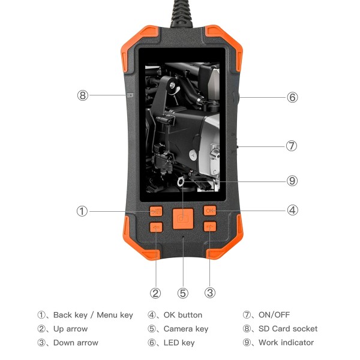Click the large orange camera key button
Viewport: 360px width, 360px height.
(x=182, y=218)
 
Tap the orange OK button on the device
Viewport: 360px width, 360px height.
(x=209, y=211)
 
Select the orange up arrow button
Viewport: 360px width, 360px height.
(x=157, y=227)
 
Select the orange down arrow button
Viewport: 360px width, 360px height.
(x=209, y=227)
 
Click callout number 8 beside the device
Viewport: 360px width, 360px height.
(x=83, y=95)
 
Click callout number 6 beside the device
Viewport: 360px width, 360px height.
(x=292, y=97)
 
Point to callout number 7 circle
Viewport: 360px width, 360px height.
(x=292, y=146)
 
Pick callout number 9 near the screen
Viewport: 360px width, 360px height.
(x=292, y=181)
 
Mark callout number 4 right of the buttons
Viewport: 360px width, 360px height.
(x=292, y=211)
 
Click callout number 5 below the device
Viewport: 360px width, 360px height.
(x=183, y=293)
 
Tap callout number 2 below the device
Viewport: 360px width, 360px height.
(x=156, y=293)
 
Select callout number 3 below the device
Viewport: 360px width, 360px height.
(x=210, y=293)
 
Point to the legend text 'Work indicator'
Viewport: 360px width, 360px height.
(x=286, y=343)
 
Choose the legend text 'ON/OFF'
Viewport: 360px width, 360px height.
(x=274, y=315)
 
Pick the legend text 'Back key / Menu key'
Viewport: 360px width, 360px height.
(x=93, y=315)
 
